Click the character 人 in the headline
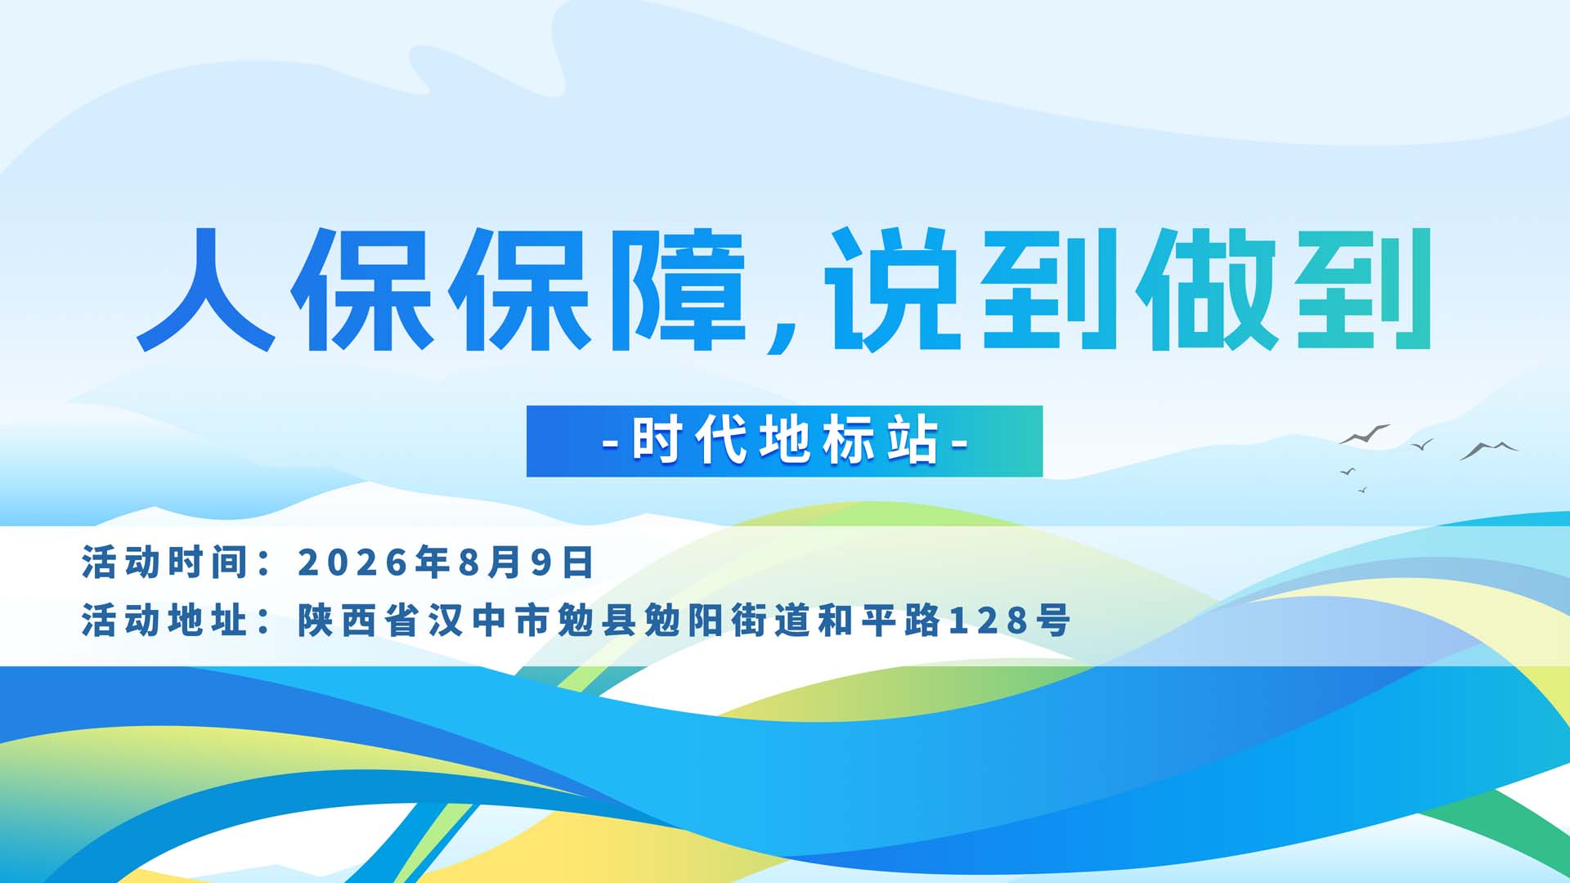coord(206,289)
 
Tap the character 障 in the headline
coord(680,289)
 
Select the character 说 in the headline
coord(892,289)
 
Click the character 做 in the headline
coord(1207,289)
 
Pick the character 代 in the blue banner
coord(720,441)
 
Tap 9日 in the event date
coord(562,563)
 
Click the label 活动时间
coord(164,563)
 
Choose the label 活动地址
coord(164,620)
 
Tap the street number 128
coord(989,621)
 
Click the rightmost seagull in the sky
coord(1489,450)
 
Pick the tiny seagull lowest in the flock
coord(1362,490)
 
